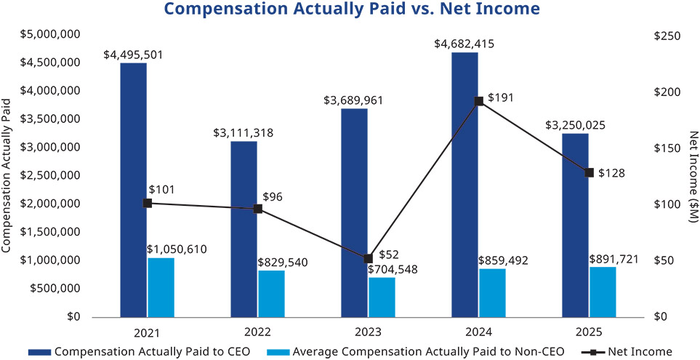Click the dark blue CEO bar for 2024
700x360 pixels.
pos(464,185)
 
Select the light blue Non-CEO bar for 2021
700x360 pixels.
pos(161,287)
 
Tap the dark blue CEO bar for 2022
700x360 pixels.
pos(244,229)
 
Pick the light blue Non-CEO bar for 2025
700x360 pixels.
pos(603,292)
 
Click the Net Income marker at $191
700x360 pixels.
pos(479,101)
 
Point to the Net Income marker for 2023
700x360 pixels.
pos(368,258)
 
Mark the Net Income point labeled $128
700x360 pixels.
pos(590,172)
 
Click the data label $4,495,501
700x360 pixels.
pos(133,54)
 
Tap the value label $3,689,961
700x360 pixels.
pos(353,100)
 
